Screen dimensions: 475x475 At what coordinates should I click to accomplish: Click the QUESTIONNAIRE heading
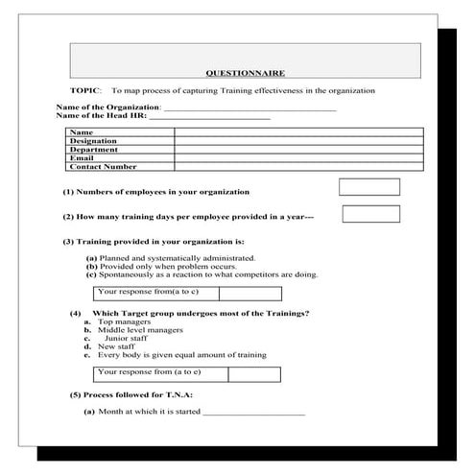click(246, 72)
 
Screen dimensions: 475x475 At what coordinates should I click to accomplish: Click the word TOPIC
click(85, 90)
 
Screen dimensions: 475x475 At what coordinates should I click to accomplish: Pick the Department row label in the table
click(93, 150)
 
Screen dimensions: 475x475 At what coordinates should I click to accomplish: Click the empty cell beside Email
click(297, 158)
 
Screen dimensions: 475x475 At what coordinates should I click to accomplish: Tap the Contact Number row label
click(104, 167)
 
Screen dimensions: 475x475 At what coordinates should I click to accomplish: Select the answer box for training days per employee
click(370, 214)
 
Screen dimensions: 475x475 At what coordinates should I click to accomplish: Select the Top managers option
click(124, 321)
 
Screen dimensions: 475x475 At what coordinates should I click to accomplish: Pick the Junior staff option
click(130, 338)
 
